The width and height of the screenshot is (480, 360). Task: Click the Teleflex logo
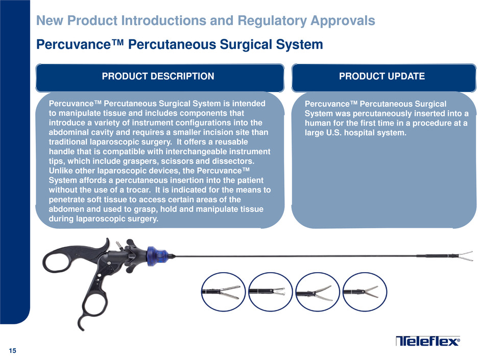[x=427, y=341]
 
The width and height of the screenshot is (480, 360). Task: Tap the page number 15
[x=13, y=351]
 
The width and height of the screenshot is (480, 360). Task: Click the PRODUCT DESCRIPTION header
[x=158, y=76]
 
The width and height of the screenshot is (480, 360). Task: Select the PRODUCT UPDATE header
[x=382, y=76]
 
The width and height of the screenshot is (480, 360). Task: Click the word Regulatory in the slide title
[x=272, y=20]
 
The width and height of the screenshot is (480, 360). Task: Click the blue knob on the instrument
[x=157, y=256]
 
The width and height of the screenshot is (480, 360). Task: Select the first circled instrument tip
[x=223, y=292]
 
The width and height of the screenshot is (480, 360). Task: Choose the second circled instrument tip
[x=270, y=292]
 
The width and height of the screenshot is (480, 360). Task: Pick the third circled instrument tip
[x=318, y=292]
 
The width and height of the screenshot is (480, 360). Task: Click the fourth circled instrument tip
[x=365, y=292]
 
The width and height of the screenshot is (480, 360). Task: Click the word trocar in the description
[x=138, y=190]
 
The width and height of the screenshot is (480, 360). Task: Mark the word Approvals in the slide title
[x=343, y=20]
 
